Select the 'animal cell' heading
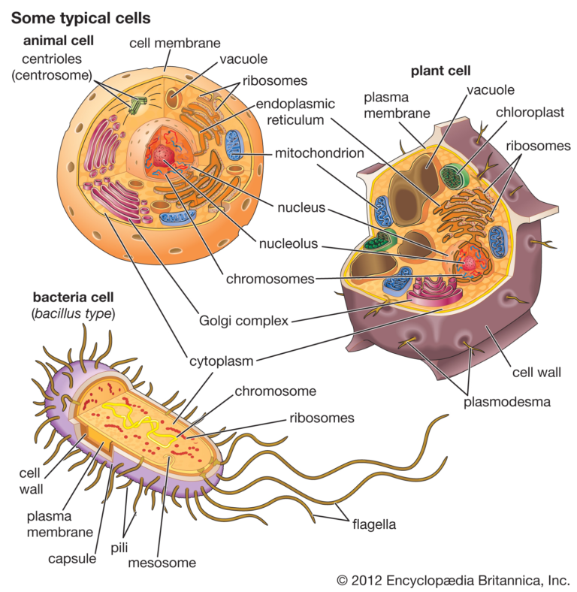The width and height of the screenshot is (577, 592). click(x=52, y=42)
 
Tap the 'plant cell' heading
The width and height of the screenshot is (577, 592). click(x=440, y=71)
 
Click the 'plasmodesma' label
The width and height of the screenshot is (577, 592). click(x=506, y=401)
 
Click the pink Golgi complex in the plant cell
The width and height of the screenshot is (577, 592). click(x=431, y=290)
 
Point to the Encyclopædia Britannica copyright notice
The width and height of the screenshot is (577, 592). click(x=453, y=580)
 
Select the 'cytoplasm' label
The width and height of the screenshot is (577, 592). click(x=221, y=361)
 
